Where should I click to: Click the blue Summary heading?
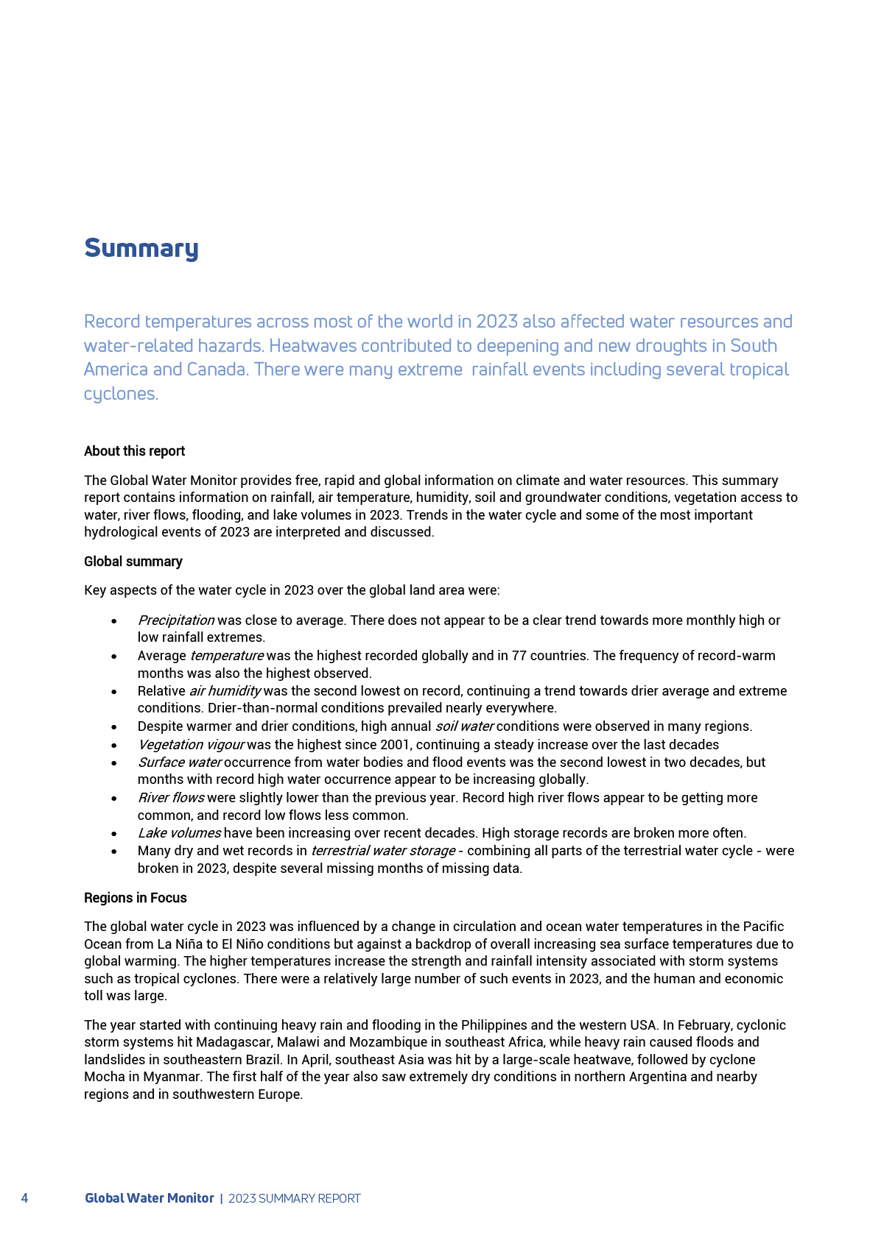click(x=141, y=248)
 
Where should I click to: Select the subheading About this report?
click(x=134, y=451)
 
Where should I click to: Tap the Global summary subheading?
click(x=133, y=562)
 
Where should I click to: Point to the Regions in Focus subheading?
click(x=136, y=898)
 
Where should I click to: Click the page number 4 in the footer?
click(x=25, y=1198)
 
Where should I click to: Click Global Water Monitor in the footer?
click(x=150, y=1198)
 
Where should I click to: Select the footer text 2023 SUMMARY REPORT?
click(x=295, y=1198)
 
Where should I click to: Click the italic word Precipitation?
click(x=176, y=620)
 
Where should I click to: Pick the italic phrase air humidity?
click(x=225, y=691)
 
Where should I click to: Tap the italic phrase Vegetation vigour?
click(x=191, y=745)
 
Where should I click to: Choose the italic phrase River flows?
click(x=171, y=798)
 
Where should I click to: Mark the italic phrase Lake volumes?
click(x=179, y=833)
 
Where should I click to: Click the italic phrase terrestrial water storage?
click(x=382, y=851)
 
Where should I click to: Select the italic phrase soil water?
click(x=464, y=726)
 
